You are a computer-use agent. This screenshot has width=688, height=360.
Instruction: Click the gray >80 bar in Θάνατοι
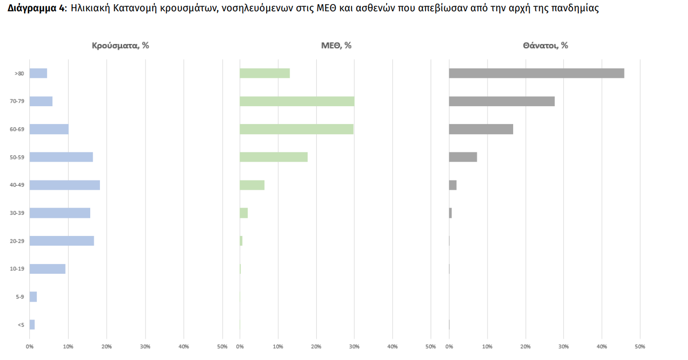536,73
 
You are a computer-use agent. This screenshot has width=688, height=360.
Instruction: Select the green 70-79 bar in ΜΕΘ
297,102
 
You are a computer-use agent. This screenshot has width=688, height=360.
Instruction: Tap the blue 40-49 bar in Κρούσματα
65,185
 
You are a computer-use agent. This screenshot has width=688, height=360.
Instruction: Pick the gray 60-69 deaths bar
481,129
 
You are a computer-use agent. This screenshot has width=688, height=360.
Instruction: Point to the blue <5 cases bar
32,325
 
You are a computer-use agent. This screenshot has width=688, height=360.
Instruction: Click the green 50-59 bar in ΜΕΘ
273,157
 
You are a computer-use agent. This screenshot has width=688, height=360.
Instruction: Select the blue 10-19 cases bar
47,269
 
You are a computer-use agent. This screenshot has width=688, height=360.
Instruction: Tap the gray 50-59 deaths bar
463,157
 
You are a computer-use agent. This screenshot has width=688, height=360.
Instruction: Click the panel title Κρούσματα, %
120,45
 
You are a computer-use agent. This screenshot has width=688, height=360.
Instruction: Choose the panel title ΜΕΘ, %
336,45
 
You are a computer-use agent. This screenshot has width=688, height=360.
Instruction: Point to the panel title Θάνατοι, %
545,45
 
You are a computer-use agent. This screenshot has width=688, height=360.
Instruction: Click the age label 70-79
17,102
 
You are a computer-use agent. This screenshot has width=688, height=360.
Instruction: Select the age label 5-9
19,297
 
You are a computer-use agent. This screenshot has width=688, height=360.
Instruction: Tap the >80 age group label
19,74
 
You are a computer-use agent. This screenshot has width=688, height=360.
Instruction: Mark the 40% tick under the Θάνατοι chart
601,347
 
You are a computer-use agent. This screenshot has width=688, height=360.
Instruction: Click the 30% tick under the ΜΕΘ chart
354,347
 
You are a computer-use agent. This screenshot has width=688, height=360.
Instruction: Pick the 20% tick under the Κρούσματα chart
107,347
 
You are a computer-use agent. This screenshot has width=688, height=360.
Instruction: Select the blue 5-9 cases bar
33,297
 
